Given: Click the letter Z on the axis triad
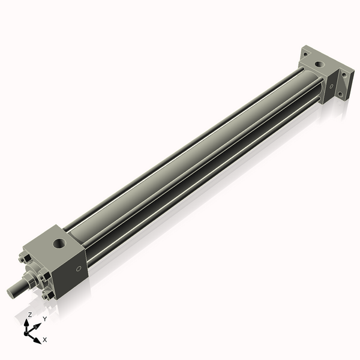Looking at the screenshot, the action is pyautogui.click(x=29, y=314).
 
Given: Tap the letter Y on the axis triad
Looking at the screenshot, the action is pyautogui.click(x=45, y=319).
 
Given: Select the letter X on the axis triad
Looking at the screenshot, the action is pyautogui.click(x=45, y=340).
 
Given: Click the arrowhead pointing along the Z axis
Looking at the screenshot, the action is pyautogui.click(x=26, y=323).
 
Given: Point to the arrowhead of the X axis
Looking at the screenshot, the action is pyautogui.click(x=37, y=340).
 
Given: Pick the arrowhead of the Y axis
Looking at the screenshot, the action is pyautogui.click(x=38, y=326).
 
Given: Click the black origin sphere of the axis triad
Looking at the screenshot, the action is pyautogui.click(x=26, y=333).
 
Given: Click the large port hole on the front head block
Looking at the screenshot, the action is pyautogui.click(x=59, y=244).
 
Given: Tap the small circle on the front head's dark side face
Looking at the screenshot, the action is pyautogui.click(x=79, y=268).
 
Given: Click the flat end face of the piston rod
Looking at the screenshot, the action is pyautogui.click(x=11, y=293).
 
